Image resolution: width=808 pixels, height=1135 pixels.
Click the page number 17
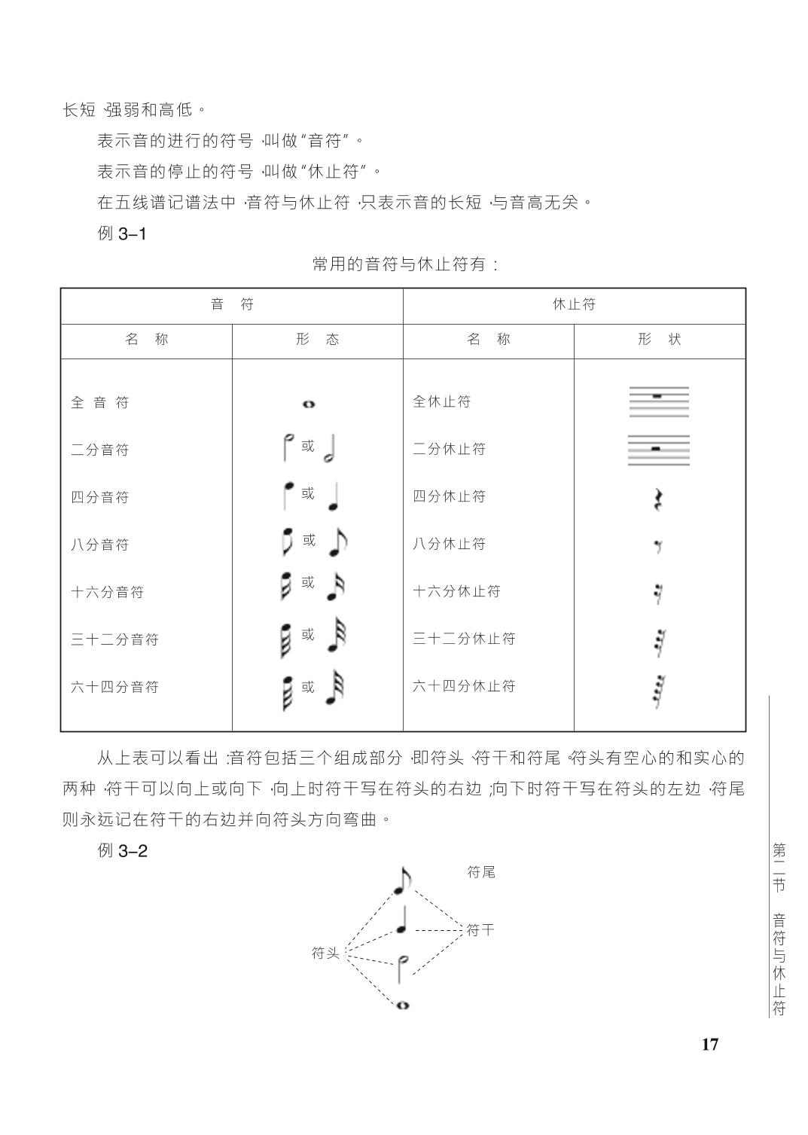coord(709,1044)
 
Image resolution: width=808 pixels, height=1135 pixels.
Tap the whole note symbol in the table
coord(308,404)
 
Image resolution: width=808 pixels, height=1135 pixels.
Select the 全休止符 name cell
coord(441,401)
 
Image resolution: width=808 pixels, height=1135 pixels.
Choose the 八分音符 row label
coord(100,545)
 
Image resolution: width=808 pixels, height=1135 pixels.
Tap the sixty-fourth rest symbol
coord(660,691)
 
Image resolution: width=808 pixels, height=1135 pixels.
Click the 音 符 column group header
coord(232,304)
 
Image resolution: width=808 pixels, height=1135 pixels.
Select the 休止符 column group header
coord(574,304)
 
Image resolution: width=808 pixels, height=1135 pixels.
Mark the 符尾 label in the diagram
coord(481,872)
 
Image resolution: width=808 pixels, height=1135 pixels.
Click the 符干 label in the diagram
coord(480,930)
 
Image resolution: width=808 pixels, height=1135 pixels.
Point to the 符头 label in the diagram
coord(326,953)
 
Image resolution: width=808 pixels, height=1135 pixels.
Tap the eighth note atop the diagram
coord(403,880)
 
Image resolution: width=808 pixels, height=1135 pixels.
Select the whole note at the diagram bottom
coord(402,1005)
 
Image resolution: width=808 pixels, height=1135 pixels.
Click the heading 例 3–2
coord(123,851)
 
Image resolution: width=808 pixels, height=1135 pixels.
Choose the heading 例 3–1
coord(122,233)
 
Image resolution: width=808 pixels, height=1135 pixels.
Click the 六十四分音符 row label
coord(115,687)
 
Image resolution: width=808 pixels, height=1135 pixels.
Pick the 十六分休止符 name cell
coord(456,591)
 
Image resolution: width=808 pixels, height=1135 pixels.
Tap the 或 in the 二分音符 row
coord(308,446)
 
